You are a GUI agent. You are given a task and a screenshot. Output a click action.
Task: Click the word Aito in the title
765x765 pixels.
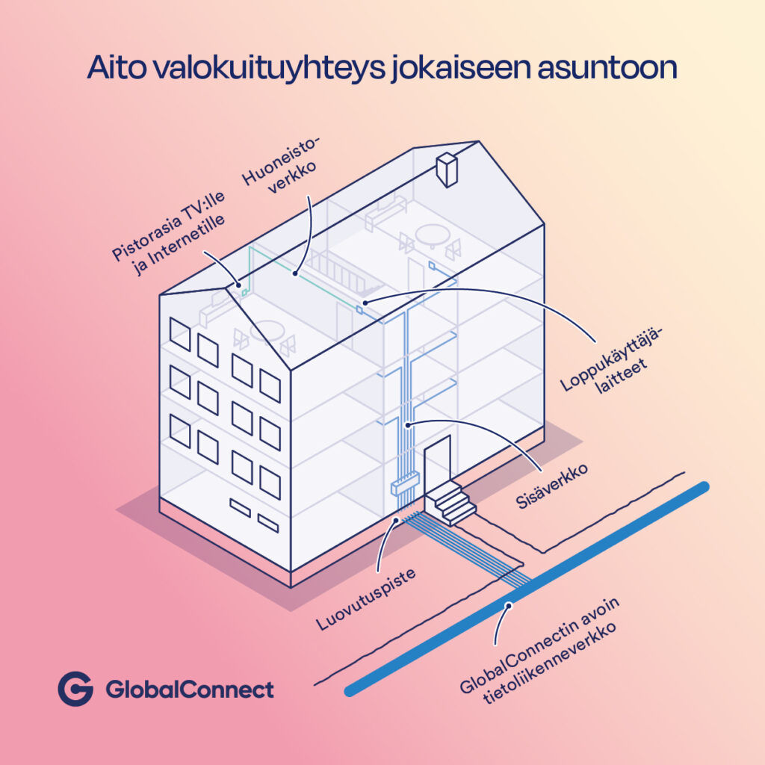[x=115, y=67]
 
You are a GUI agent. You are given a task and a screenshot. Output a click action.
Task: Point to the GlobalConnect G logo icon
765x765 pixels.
[x=75, y=689]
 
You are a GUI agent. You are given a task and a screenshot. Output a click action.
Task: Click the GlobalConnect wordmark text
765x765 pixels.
[x=190, y=690]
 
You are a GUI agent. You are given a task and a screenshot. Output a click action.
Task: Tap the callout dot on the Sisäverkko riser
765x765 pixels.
[x=408, y=424]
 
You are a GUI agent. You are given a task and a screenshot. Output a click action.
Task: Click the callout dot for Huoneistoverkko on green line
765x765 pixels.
[x=296, y=273]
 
